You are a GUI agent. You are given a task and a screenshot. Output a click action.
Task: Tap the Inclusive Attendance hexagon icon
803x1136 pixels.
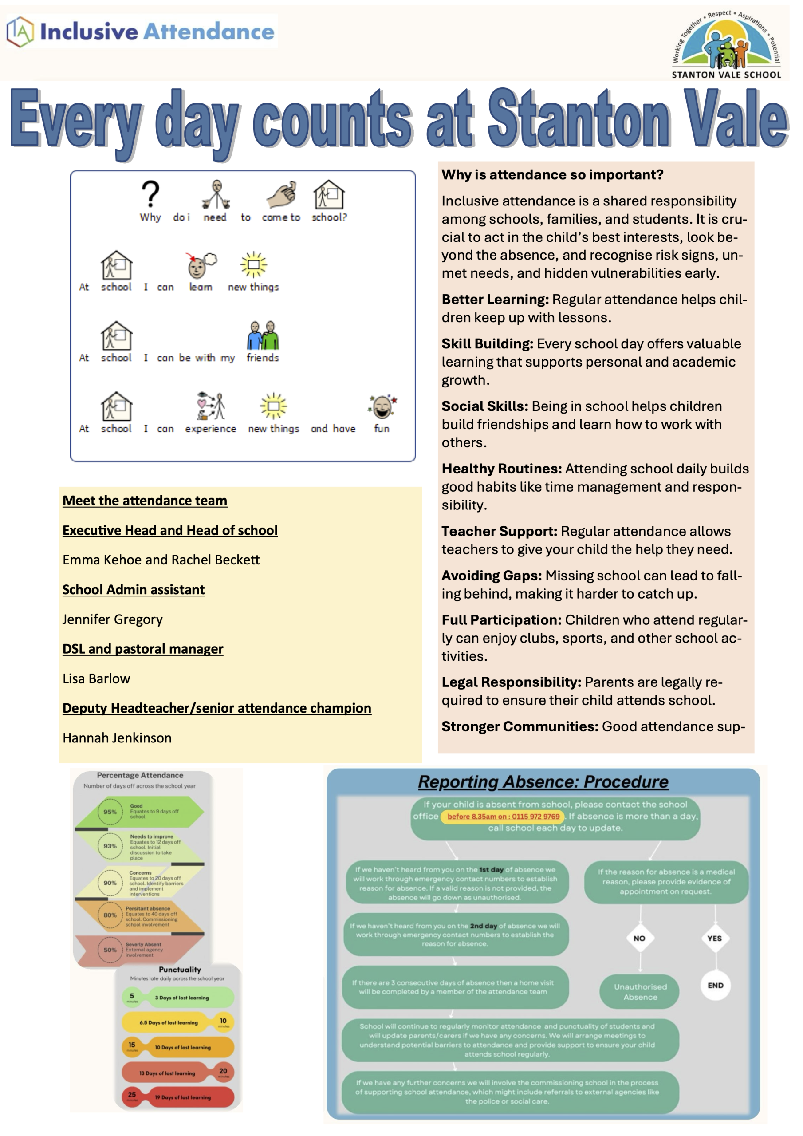click(x=20, y=31)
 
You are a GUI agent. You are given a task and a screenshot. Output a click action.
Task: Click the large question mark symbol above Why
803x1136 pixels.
click(x=150, y=194)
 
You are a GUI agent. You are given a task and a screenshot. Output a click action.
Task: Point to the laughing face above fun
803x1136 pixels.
click(x=382, y=407)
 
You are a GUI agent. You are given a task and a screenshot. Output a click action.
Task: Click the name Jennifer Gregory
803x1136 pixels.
click(x=112, y=619)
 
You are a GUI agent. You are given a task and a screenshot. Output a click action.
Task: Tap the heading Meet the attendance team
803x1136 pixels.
click(x=145, y=501)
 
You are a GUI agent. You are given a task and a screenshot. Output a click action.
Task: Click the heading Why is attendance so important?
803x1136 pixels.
click(x=552, y=175)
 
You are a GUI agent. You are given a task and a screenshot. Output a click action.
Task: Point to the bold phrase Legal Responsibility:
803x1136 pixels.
click(x=511, y=682)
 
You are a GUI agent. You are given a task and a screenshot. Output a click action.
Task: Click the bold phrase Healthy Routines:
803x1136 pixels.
click(x=501, y=469)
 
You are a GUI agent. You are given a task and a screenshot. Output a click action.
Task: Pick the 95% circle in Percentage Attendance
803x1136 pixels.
click(x=110, y=812)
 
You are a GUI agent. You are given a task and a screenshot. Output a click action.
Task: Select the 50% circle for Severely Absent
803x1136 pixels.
click(x=110, y=950)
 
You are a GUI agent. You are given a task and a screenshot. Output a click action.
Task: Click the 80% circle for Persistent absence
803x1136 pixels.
click(x=110, y=915)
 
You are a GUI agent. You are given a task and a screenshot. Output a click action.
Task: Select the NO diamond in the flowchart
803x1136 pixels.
click(x=639, y=938)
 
